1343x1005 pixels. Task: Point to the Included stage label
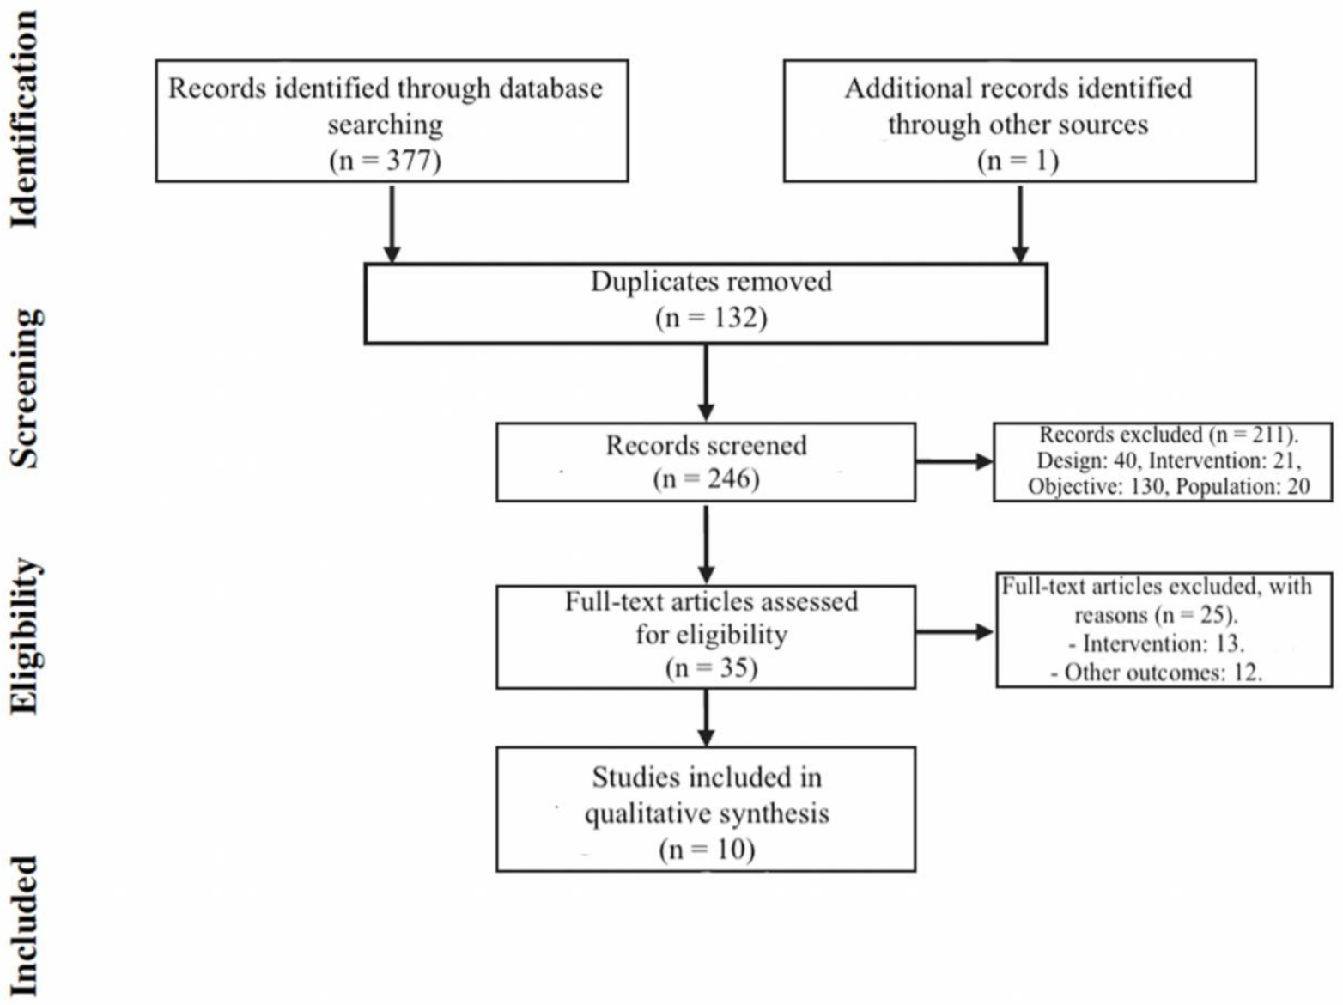(24, 926)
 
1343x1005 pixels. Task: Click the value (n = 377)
(385, 161)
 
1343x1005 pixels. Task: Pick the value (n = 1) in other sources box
(1018, 161)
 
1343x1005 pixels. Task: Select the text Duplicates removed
(711, 282)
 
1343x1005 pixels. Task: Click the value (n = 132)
(711, 318)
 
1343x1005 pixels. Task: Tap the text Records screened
(706, 445)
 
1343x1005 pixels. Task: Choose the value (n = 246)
(706, 478)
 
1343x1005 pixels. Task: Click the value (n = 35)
(711, 667)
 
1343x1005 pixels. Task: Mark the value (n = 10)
(707, 850)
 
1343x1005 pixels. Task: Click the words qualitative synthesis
(707, 813)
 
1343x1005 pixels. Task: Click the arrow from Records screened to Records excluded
(954, 462)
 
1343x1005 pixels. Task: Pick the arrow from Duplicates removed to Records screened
(706, 383)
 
